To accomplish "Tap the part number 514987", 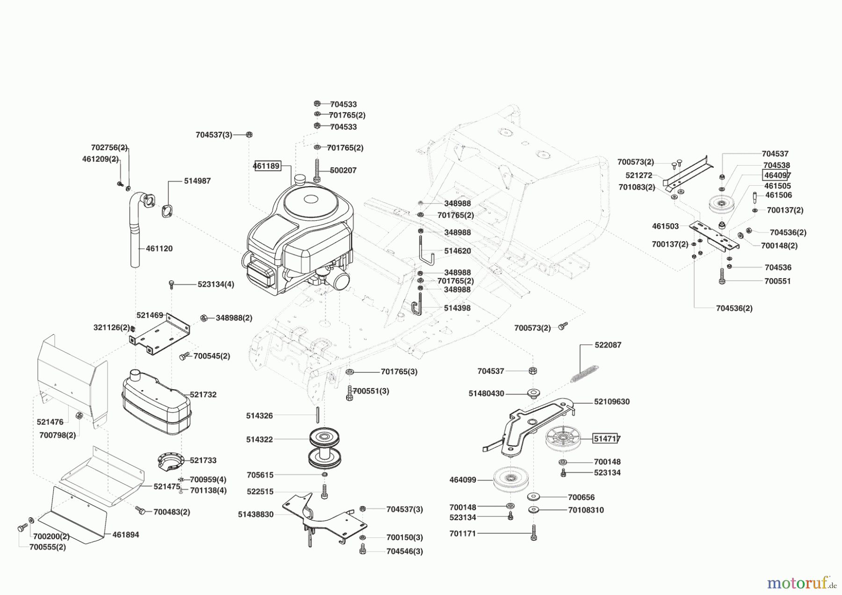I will tap(197, 181).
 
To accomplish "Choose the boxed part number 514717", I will tap(607, 438).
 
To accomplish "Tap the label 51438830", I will tap(255, 514).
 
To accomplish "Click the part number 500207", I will tap(343, 170).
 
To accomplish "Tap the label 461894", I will tap(125, 535).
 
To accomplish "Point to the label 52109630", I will tap(611, 401).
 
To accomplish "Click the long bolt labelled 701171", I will tap(534, 532).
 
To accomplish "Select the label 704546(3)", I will tap(404, 551).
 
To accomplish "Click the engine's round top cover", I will tap(311, 200).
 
